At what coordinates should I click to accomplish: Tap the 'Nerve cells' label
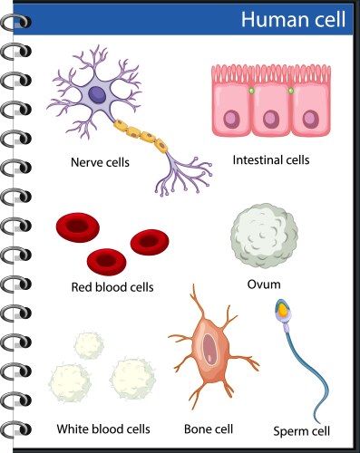(x=100, y=164)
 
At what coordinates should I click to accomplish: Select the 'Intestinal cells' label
(x=271, y=159)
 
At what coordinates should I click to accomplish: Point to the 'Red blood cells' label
(x=112, y=287)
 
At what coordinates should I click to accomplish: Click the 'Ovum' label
(x=263, y=284)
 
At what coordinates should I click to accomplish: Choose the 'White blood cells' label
(x=102, y=429)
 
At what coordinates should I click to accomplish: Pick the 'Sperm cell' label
(x=301, y=430)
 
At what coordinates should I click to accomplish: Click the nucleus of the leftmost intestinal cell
(x=233, y=119)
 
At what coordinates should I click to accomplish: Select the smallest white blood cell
(x=88, y=344)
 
